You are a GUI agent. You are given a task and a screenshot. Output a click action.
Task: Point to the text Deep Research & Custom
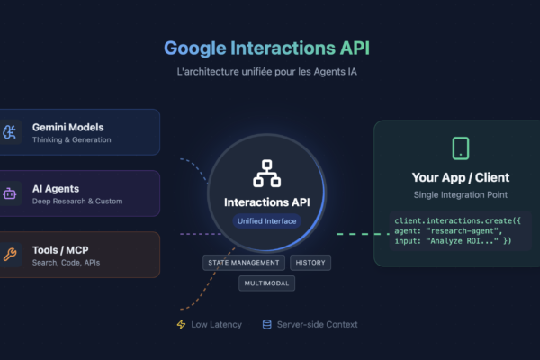click(x=78, y=201)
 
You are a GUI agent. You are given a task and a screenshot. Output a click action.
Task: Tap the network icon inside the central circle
click(x=266, y=174)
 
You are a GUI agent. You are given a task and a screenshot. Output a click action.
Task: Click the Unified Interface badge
click(x=266, y=220)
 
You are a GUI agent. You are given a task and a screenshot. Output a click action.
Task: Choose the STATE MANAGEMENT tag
click(x=244, y=263)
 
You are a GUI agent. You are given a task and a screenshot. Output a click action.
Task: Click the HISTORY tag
click(x=310, y=263)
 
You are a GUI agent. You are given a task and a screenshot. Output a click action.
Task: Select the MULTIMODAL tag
click(x=266, y=283)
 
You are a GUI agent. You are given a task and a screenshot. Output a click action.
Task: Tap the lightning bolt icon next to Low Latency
click(x=181, y=324)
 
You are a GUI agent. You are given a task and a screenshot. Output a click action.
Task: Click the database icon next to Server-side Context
click(x=266, y=324)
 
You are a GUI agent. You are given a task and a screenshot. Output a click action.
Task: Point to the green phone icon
click(x=461, y=148)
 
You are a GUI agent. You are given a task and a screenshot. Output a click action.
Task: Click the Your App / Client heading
click(x=461, y=177)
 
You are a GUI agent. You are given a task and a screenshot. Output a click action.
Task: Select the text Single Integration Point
click(x=461, y=194)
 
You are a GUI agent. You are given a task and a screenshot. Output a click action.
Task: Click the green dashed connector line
click(x=355, y=235)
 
